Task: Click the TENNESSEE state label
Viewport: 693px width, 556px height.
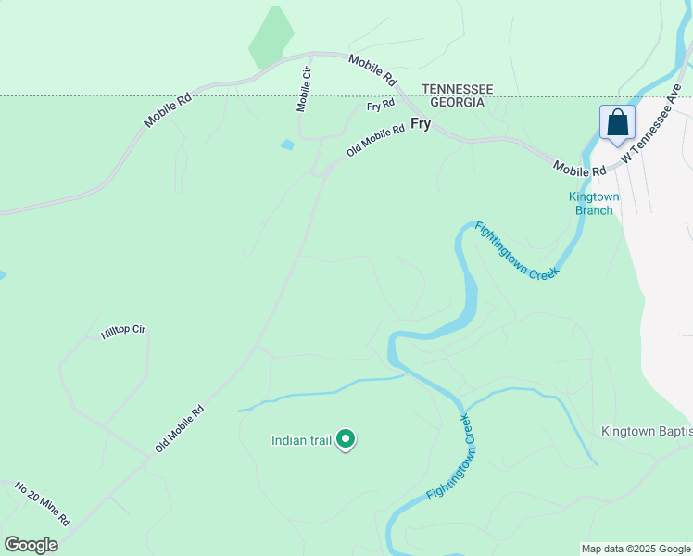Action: click(458, 89)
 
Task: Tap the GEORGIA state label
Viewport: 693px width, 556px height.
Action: click(453, 102)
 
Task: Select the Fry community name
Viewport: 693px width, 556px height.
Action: click(421, 122)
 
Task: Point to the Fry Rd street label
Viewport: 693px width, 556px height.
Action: click(381, 106)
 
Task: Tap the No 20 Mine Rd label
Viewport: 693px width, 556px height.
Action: click(43, 503)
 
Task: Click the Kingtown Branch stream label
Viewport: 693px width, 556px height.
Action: click(594, 203)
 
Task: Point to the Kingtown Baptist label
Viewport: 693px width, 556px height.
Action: click(647, 431)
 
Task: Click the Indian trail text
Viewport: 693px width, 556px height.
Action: click(301, 440)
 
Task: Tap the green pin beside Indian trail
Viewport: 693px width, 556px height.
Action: click(346, 438)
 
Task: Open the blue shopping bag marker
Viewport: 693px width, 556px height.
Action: click(617, 123)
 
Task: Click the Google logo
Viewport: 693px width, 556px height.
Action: click(31, 545)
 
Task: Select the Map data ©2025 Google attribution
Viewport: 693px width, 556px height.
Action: click(636, 549)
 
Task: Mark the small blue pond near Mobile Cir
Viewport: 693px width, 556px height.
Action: click(287, 145)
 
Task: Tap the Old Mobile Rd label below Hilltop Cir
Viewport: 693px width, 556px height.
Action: click(179, 428)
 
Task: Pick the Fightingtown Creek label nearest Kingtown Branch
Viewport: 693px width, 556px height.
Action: click(517, 250)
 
